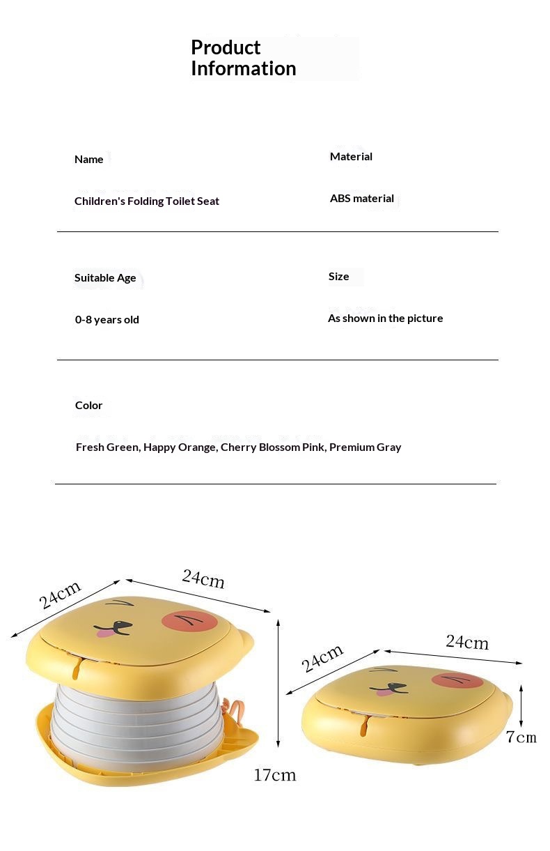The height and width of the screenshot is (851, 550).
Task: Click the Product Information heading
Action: (243, 58)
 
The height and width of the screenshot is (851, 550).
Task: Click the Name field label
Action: (88, 160)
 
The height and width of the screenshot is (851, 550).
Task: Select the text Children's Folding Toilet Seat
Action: (147, 201)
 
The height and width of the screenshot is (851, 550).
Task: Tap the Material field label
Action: (351, 157)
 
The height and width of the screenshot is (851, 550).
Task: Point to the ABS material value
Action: (362, 199)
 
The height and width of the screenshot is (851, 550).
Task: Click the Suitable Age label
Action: (105, 278)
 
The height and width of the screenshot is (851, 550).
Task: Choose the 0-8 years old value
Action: (107, 320)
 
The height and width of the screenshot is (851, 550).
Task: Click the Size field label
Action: (338, 277)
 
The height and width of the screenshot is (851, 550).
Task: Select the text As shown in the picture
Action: (385, 319)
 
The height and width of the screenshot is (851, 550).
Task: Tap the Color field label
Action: (88, 406)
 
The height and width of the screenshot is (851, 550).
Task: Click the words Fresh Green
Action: (107, 447)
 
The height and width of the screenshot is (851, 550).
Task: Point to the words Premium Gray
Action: (365, 447)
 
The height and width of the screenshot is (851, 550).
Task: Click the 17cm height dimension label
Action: (274, 774)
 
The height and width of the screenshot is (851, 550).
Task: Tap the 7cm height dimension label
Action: (521, 737)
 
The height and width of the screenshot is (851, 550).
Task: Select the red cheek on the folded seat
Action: (457, 680)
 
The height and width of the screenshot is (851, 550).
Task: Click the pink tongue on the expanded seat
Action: (105, 633)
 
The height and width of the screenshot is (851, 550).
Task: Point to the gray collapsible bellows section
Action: (136, 718)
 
